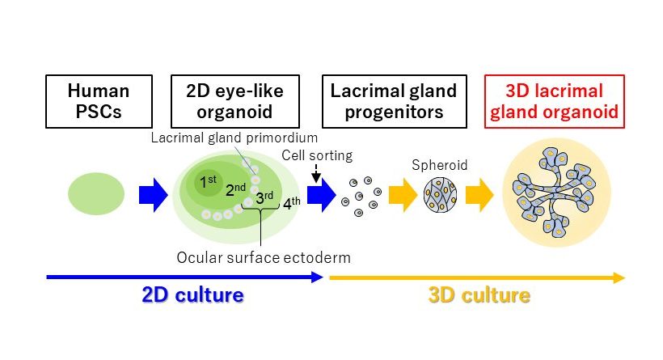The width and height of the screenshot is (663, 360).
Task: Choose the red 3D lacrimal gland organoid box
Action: [554, 101]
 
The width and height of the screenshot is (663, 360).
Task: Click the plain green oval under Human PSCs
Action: [96, 195]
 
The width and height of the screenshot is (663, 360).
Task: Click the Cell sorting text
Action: [317, 154]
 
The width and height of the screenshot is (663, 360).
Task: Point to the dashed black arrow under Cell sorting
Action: [315, 172]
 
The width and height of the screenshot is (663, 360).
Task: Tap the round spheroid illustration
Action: [441, 195]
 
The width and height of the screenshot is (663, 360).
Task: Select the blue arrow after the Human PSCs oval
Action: [151, 196]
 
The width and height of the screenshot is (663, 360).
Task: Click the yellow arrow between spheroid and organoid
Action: [479, 196]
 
